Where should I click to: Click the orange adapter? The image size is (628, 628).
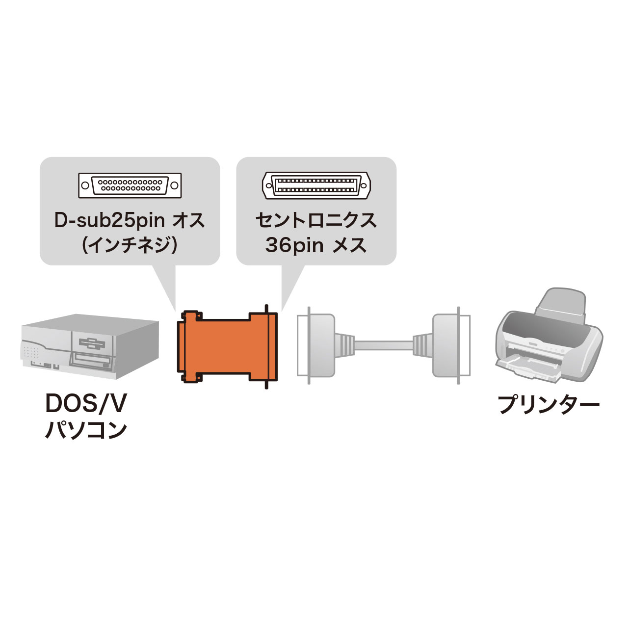[x=228, y=346]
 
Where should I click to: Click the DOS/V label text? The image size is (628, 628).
[x=86, y=404]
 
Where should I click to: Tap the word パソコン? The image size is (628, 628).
[x=86, y=430]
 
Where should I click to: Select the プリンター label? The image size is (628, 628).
[x=548, y=405]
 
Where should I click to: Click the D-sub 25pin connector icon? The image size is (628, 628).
[x=130, y=185]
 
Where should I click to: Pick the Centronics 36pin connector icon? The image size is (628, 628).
[x=316, y=185]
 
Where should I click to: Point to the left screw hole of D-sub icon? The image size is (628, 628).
[x=86, y=185]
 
